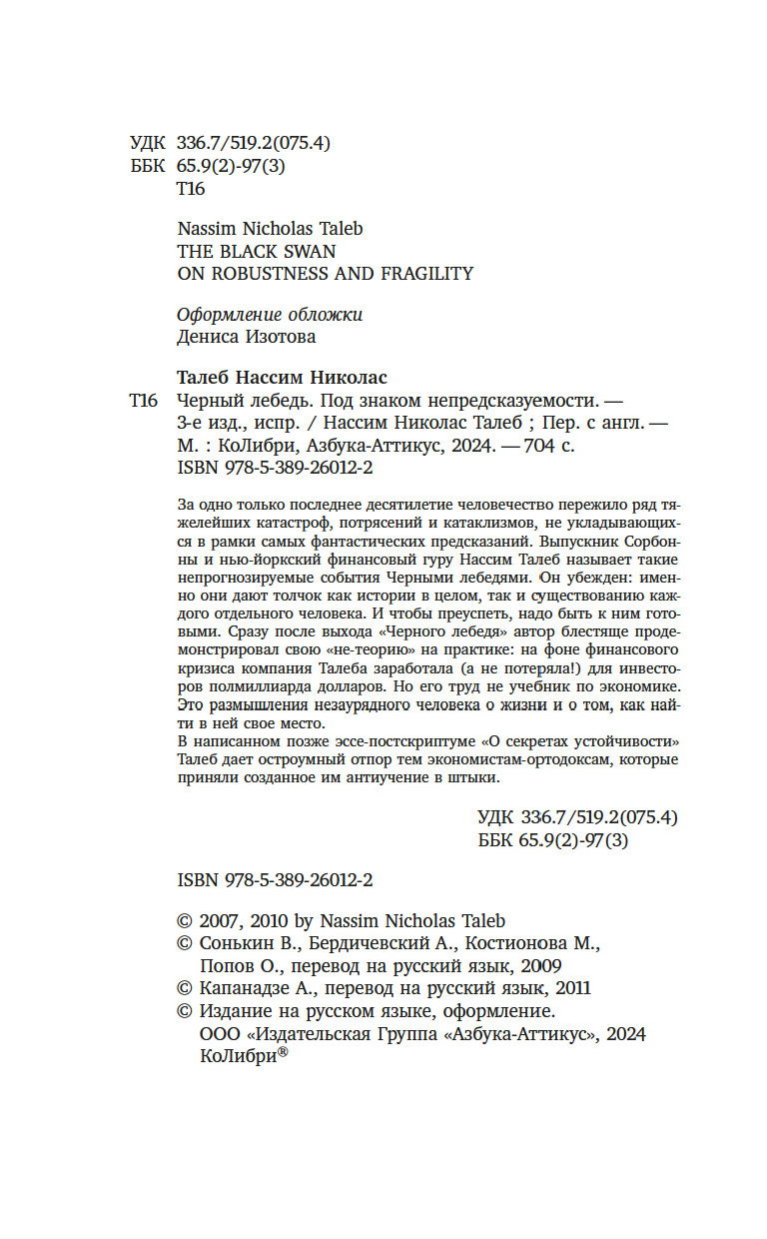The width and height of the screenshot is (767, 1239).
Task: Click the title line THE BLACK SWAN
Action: click(256, 251)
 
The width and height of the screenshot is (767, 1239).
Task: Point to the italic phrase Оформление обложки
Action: click(270, 315)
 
